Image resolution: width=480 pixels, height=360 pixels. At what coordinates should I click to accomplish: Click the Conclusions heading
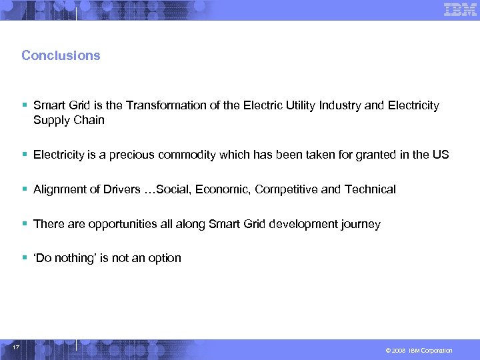point(61,55)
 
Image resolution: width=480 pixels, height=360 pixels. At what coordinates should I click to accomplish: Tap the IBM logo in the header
point(460,10)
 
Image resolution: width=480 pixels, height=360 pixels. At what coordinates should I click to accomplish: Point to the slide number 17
point(17,348)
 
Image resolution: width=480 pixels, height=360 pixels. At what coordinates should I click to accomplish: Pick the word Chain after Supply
point(89,120)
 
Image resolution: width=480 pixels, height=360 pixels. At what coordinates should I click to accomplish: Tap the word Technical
point(370,189)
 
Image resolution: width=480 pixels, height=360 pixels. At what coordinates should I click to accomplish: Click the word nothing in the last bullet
point(75,258)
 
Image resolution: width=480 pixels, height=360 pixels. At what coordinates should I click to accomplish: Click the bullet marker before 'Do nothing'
point(24,258)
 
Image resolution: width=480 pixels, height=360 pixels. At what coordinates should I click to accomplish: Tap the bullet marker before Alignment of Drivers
point(24,189)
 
